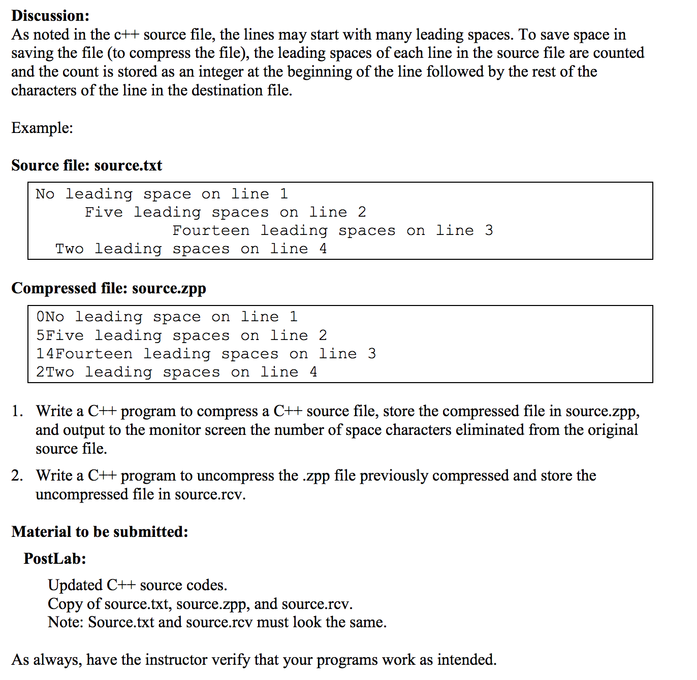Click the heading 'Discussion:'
(x=50, y=16)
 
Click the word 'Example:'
(x=42, y=128)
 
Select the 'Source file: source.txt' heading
(x=86, y=165)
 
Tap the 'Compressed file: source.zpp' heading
(x=108, y=288)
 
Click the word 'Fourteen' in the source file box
(x=211, y=231)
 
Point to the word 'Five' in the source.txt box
(x=104, y=213)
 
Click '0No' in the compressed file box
(x=50, y=317)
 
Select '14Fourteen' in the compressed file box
(x=84, y=354)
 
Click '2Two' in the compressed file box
(x=55, y=372)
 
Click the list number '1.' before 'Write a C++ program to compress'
(x=17, y=411)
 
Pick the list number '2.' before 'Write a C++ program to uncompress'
(x=17, y=475)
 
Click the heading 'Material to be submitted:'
(x=100, y=532)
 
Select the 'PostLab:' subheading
(x=55, y=559)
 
